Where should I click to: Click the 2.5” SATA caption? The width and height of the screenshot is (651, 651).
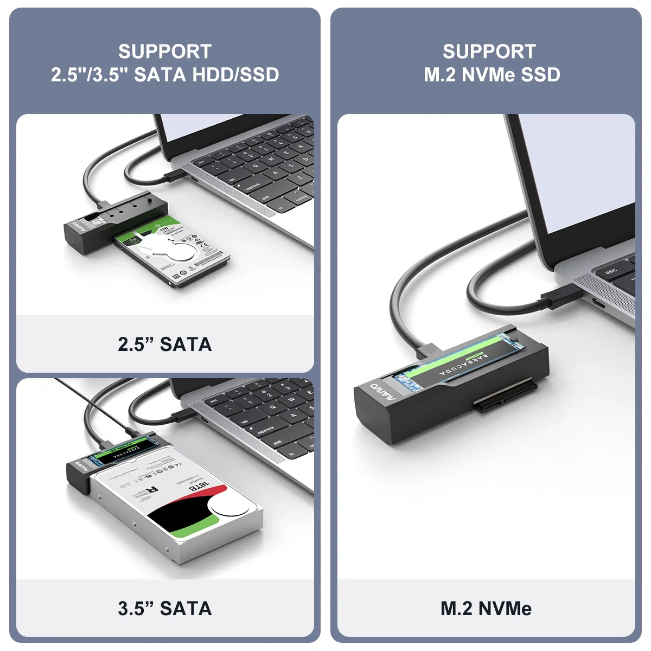coord(164,344)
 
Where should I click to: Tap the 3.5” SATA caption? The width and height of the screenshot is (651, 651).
coord(164,608)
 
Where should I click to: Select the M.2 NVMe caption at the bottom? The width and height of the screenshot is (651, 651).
coord(486,608)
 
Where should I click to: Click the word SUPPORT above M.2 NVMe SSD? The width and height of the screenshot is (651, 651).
coord(489,52)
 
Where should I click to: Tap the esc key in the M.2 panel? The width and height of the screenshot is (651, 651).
coord(611,270)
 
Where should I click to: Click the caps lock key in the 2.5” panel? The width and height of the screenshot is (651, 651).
coord(253,186)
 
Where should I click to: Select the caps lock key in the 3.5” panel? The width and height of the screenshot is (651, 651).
coord(266,430)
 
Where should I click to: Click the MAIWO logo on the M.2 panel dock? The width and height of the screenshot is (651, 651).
coord(383,392)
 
